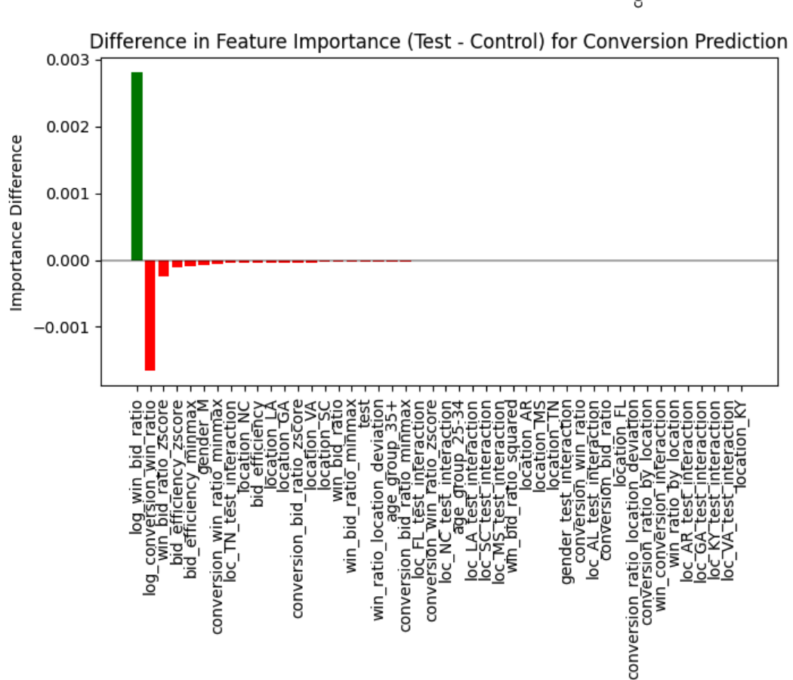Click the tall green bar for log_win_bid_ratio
tap(137, 165)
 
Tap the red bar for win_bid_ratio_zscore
tap(163, 268)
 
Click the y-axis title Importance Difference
tap(17, 222)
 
